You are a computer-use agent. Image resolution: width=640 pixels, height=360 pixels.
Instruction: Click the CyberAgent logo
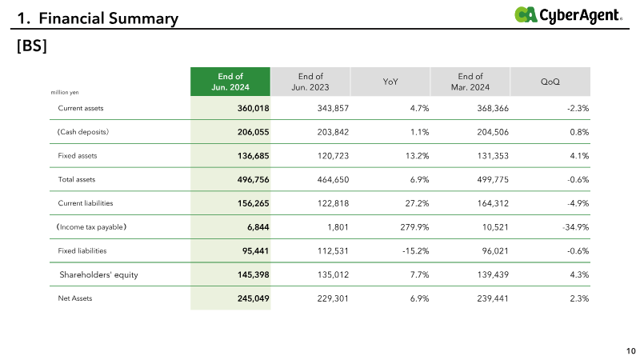(x=568, y=15)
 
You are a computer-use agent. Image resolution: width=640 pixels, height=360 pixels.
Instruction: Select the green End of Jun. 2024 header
(x=230, y=82)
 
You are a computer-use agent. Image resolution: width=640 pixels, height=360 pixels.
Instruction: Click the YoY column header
(x=390, y=82)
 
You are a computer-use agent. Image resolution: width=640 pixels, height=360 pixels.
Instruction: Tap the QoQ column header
(x=550, y=82)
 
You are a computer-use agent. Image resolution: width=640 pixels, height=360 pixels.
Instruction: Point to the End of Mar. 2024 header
(x=470, y=82)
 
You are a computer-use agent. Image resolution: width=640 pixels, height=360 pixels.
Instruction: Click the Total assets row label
(x=76, y=179)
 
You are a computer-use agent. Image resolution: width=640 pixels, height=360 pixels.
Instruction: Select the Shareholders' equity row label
(x=98, y=274)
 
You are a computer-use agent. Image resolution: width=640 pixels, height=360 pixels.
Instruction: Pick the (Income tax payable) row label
(x=91, y=227)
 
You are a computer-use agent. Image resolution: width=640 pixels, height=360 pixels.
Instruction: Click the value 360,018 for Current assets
(x=253, y=108)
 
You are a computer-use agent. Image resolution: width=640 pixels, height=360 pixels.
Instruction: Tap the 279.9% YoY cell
(x=414, y=227)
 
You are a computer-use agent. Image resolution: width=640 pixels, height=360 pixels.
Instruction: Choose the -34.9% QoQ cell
(x=575, y=227)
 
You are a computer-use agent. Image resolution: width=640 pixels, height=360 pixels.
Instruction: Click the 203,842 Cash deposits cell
(x=333, y=132)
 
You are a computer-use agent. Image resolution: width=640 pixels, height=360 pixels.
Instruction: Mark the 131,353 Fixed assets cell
(x=493, y=155)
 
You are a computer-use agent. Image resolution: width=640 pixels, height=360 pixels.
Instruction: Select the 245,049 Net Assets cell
(x=253, y=298)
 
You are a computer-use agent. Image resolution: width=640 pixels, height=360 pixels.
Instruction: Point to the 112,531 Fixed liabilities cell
(x=333, y=250)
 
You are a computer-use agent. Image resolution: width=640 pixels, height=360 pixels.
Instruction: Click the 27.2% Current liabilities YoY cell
(x=417, y=203)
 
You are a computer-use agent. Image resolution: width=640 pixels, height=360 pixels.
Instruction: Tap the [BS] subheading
(x=32, y=46)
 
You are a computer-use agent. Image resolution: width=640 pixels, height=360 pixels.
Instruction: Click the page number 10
(x=631, y=351)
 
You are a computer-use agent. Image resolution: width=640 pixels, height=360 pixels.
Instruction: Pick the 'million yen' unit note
(x=65, y=92)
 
